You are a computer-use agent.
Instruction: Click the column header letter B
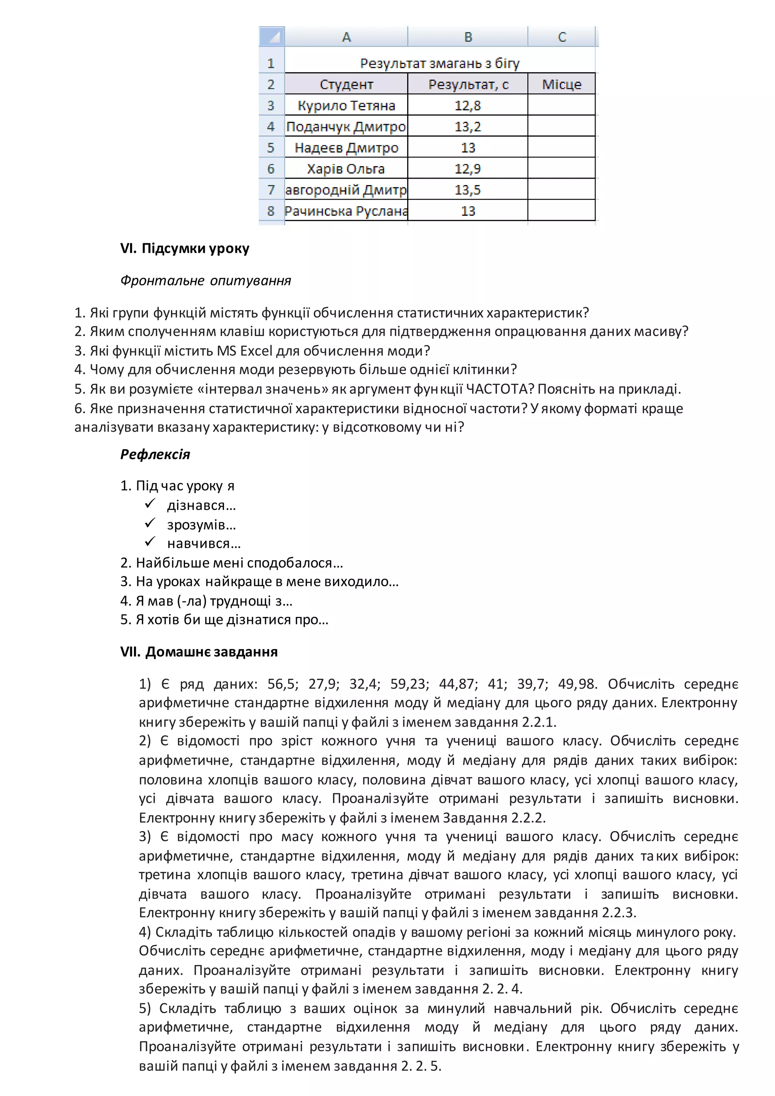[x=468, y=37]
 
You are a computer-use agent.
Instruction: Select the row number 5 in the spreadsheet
[x=271, y=148]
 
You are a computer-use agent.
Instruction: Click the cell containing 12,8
[x=468, y=106]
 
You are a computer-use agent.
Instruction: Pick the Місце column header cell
[x=562, y=84]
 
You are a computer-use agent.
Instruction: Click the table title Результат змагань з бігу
[x=439, y=63]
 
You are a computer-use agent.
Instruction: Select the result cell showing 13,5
[x=468, y=190]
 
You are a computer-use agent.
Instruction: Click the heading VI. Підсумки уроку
[x=185, y=248]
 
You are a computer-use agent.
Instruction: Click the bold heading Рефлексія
[x=155, y=454]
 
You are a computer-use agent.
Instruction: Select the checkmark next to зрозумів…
[x=150, y=524]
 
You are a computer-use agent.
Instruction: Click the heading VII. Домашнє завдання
[x=199, y=652]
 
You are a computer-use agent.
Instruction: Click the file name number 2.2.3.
[x=618, y=913]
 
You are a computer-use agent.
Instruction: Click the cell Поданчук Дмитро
[x=346, y=126]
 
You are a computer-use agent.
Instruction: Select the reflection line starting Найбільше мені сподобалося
[x=232, y=563]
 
